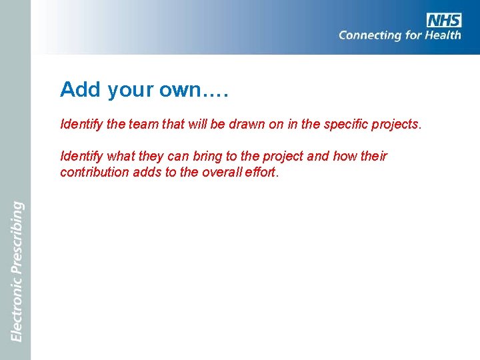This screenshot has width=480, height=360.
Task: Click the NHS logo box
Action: (x=444, y=20)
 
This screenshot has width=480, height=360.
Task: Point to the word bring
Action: (x=199, y=157)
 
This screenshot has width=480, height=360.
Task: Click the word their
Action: (x=373, y=157)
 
